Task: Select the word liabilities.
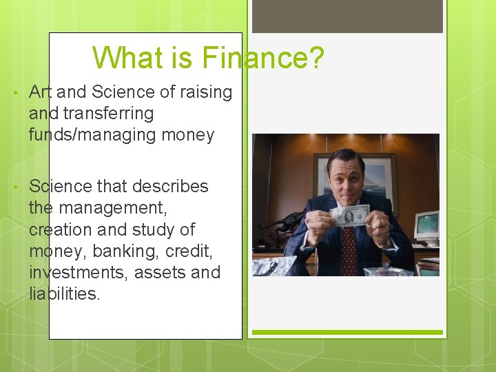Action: [65, 293]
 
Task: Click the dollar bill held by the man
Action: [350, 216]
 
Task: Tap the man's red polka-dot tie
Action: [349, 249]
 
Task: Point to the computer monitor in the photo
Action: [426, 226]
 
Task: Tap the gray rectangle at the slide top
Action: [347, 17]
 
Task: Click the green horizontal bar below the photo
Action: [347, 333]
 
